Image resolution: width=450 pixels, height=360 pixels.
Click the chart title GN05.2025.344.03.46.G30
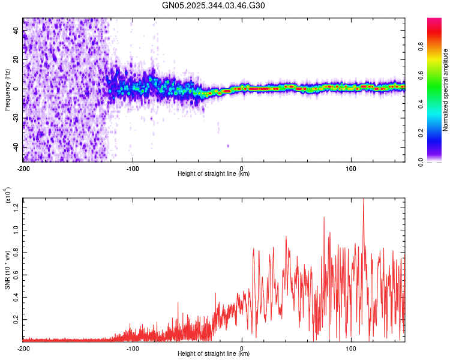pos(214,5)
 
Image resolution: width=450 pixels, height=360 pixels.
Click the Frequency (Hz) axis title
pos(7,89)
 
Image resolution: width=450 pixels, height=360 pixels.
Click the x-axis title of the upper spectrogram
pos(214,174)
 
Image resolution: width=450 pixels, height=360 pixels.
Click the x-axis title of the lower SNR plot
pos(214,353)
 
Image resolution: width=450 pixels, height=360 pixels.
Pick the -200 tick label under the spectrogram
pos(23,168)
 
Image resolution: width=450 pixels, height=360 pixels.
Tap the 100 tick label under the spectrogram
pos(351,168)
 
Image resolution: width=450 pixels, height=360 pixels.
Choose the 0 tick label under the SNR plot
pos(242,347)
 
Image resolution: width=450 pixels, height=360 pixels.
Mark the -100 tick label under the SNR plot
pos(133,347)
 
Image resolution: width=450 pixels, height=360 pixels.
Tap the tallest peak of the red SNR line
pos(363,200)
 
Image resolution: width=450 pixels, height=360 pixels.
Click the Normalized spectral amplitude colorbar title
pos(446,90)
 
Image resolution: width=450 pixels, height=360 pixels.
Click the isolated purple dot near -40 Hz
pos(228,146)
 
